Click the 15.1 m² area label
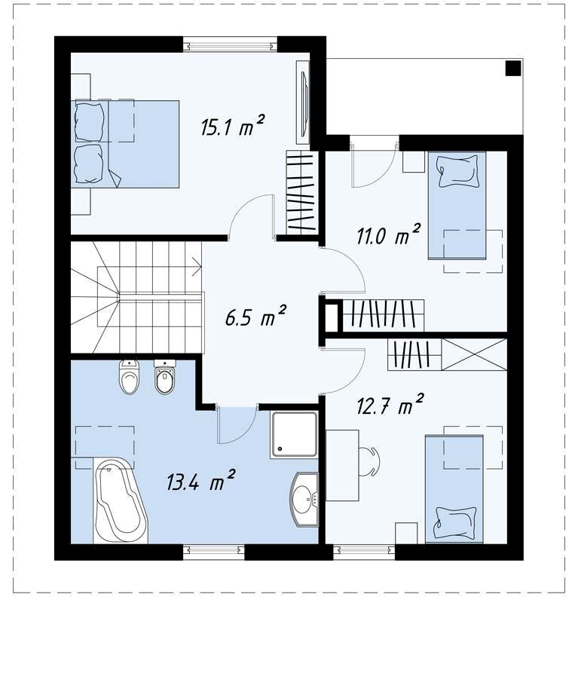click(x=233, y=126)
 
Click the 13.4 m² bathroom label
click(x=200, y=480)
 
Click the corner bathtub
click(x=121, y=501)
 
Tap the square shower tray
click(x=294, y=434)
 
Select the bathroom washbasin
click(x=304, y=500)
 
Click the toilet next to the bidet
click(x=130, y=376)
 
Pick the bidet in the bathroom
click(x=165, y=376)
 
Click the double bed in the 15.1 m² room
click(x=125, y=144)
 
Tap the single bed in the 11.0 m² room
click(x=457, y=205)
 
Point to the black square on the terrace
click(x=513, y=69)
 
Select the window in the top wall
click(x=230, y=44)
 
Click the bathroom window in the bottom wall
click(x=214, y=551)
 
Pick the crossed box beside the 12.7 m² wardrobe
click(x=474, y=354)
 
